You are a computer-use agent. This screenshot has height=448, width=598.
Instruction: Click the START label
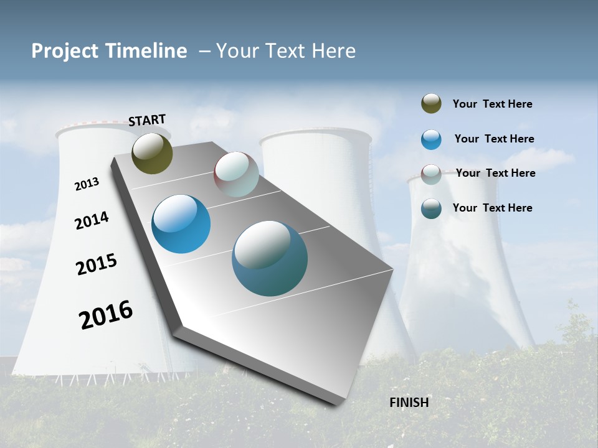147,119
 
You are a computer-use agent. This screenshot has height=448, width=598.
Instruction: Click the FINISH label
409,403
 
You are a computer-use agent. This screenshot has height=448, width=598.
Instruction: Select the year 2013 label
87,184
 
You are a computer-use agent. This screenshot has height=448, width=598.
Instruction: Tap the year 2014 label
92,220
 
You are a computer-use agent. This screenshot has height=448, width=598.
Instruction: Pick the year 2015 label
96,264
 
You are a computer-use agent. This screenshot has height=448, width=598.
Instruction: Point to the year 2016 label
106,314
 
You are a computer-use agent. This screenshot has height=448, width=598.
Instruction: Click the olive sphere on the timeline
152,153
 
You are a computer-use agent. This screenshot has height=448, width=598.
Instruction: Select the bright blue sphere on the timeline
181,224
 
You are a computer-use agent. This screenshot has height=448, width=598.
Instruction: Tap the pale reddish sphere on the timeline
236,174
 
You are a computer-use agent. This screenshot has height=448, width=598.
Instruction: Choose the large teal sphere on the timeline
269,258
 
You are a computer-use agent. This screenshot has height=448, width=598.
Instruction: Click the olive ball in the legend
431,103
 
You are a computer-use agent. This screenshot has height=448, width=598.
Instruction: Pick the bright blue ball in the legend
431,139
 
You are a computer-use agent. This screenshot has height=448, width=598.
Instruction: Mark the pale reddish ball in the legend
431,174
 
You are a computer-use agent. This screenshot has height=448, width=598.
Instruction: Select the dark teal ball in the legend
431,208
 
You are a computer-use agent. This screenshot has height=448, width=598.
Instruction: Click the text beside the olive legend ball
492,104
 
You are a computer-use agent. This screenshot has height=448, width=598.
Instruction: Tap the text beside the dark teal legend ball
492,208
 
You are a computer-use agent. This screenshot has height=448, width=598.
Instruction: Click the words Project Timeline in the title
109,51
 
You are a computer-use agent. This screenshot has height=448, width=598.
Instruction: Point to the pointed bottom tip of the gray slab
336,403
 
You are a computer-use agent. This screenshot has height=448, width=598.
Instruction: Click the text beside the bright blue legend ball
494,139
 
